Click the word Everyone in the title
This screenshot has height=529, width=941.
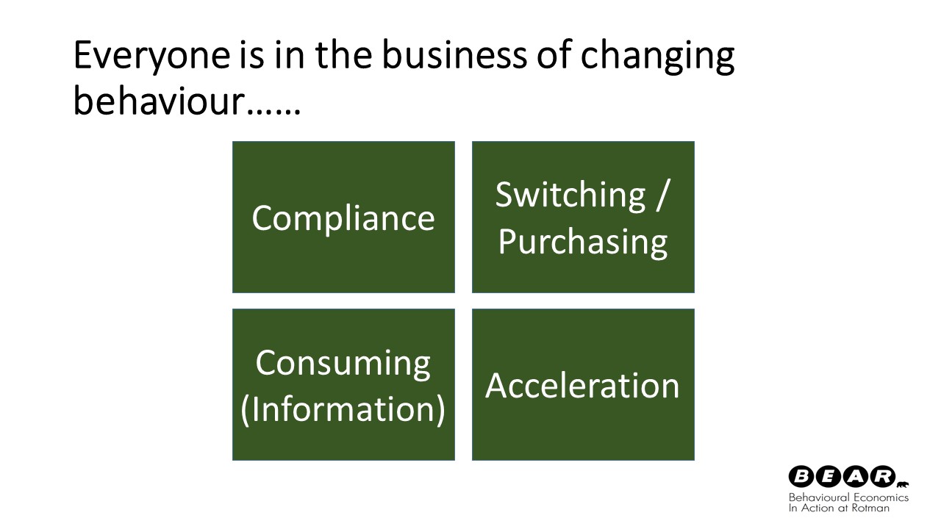[x=151, y=55]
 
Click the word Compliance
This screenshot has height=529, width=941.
[x=343, y=218]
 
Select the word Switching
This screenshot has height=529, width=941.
[x=570, y=195]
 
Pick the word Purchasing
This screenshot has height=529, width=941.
[x=583, y=242]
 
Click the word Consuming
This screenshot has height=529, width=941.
[x=343, y=364]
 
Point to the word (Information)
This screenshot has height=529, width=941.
[x=343, y=410]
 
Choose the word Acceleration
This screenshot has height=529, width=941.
[x=582, y=386]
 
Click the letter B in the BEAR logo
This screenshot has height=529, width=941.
[x=802, y=477]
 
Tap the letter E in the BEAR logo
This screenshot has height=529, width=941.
[x=829, y=477]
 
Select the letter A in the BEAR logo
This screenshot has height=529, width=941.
[x=856, y=477]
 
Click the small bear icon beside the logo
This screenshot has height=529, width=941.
[x=902, y=486]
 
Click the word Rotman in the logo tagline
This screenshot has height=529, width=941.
[x=870, y=508]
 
